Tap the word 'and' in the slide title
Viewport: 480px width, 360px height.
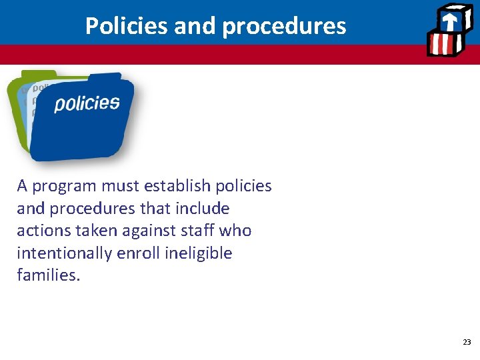point(196,26)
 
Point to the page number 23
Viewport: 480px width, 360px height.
point(467,342)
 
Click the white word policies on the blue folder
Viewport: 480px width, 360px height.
point(87,103)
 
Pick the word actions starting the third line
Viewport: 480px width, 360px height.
point(42,231)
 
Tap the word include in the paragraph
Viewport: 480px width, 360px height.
point(202,209)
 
